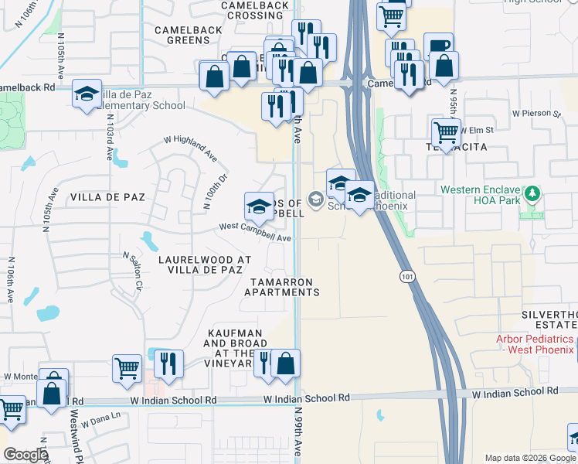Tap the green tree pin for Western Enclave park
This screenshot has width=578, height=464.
pos(532,193)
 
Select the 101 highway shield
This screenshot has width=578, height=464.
pos(407,275)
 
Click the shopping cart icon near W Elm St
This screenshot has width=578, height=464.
pos(446,133)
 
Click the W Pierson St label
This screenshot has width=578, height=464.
pos(538,114)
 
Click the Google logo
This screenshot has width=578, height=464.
pos(25,455)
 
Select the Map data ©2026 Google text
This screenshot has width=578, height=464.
pos(530,458)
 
